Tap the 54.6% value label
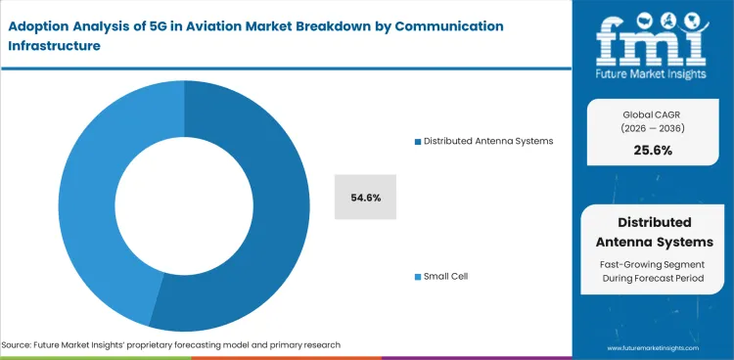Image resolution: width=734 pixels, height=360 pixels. coord(365,198)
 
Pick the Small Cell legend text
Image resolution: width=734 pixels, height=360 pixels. coord(445,277)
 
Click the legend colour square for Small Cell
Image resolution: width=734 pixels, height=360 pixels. coord(417,277)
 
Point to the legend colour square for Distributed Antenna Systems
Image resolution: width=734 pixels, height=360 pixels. coord(417,141)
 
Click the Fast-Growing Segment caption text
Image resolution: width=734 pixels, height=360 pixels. coord(654,265)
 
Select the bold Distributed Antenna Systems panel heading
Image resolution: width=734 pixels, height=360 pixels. coord(654,232)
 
